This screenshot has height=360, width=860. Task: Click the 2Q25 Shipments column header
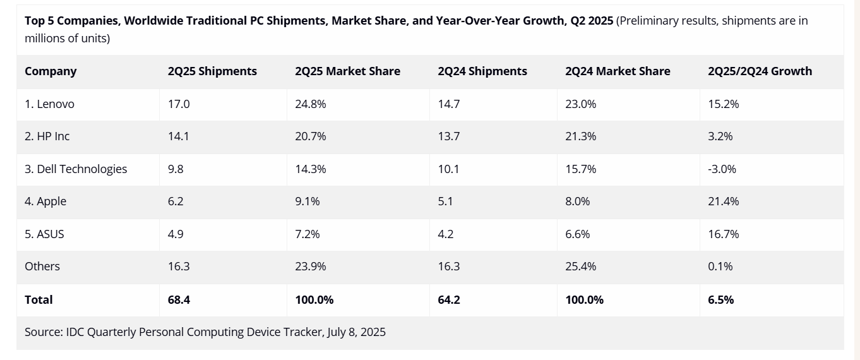click(x=212, y=71)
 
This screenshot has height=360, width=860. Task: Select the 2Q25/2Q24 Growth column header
click(x=760, y=71)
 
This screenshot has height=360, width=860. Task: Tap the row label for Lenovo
click(x=49, y=104)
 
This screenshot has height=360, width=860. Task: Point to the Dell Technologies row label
click(x=76, y=169)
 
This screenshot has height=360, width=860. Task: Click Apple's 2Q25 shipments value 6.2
click(x=176, y=201)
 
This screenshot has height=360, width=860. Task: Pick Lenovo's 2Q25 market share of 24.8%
click(x=310, y=104)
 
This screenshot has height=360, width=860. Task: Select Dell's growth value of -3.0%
click(x=722, y=169)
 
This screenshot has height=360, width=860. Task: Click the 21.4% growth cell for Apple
click(x=723, y=201)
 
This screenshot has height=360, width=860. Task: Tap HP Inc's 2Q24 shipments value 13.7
click(x=448, y=136)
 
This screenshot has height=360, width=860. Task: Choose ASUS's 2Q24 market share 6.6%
click(x=577, y=234)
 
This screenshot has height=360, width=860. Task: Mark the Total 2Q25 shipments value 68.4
click(x=179, y=300)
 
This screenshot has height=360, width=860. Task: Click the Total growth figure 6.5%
click(x=720, y=300)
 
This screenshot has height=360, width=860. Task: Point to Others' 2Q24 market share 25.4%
click(x=580, y=267)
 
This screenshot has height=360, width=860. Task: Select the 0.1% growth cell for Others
click(x=720, y=267)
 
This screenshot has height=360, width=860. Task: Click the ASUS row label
click(x=44, y=234)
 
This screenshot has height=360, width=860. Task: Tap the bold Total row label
click(x=39, y=300)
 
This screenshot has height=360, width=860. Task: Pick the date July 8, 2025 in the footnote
click(x=356, y=332)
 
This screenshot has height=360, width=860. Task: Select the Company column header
click(x=51, y=71)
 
